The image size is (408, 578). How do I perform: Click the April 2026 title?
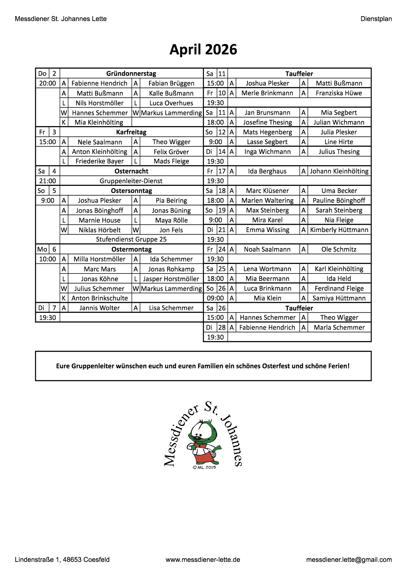click(203, 50)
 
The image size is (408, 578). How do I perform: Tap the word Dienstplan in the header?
click(376, 19)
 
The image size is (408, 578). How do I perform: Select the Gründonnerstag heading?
click(131, 73)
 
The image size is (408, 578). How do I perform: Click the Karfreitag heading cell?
click(131, 132)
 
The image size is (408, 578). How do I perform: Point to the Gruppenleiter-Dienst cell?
click(131, 181)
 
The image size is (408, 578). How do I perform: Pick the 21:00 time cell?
click(47, 181)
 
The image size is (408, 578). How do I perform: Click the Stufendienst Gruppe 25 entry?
click(131, 239)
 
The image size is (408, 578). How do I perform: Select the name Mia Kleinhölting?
click(99, 122)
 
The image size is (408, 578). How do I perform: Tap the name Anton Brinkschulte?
click(99, 298)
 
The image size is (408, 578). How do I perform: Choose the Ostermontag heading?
click(131, 249)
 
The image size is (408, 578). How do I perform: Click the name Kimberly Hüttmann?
click(339, 230)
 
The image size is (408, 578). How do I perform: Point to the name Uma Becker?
click(339, 191)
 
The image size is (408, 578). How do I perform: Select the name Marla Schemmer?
click(339, 328)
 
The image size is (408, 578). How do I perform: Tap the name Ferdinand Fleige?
click(339, 288)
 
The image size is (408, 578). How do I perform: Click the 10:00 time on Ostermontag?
click(47, 259)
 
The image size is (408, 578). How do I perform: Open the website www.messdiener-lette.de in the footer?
click(203, 560)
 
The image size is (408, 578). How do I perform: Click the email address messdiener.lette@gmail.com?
click(349, 560)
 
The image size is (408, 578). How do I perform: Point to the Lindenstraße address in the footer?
click(62, 560)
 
